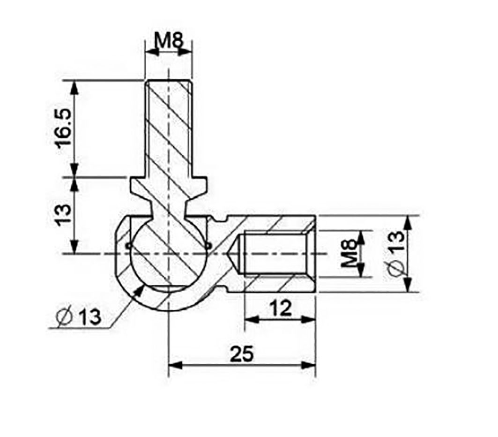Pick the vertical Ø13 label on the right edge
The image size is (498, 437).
click(396, 253)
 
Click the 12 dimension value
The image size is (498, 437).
click(280, 308)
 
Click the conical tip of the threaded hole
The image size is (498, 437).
click(234, 254)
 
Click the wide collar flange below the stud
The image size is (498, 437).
click(167, 185)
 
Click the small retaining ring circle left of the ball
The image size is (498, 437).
click(128, 245)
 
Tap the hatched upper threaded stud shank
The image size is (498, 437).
click(168, 127)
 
